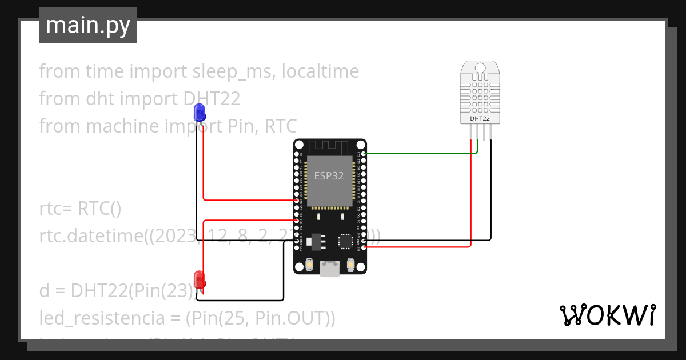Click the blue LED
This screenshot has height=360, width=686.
tap(200, 112)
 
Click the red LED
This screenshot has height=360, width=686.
tap(200, 279)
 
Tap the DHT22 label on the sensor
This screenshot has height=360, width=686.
tap(480, 119)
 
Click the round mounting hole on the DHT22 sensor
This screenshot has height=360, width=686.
tap(480, 69)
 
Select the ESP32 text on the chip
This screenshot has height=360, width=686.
tap(329, 176)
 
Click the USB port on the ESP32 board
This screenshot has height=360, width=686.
tap(329, 269)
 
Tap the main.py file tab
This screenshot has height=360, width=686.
tap(88, 26)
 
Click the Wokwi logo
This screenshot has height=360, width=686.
tap(607, 315)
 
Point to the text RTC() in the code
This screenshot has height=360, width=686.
tap(99, 209)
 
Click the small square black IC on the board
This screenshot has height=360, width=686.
tap(346, 241)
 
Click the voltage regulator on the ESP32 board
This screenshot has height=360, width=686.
tap(313, 241)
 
